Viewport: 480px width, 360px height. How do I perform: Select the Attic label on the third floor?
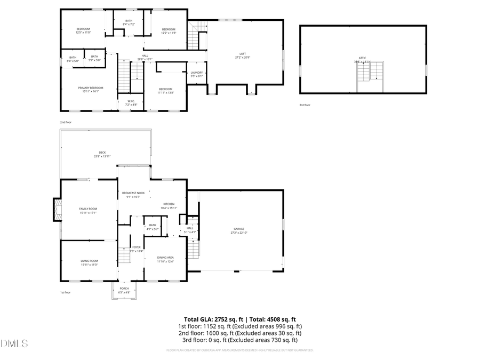(x=363, y=58)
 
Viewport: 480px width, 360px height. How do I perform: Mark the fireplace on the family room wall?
(x=56, y=209)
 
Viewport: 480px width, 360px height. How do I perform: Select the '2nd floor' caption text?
(x=66, y=122)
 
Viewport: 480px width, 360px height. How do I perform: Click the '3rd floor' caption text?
(x=305, y=105)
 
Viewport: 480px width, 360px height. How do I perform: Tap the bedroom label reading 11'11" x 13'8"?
(x=165, y=91)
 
